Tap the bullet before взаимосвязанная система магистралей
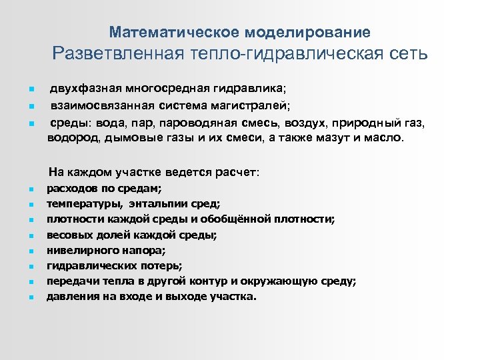31,105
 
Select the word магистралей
255,105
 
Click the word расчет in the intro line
237,172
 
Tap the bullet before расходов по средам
31,189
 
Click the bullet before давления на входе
31,297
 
